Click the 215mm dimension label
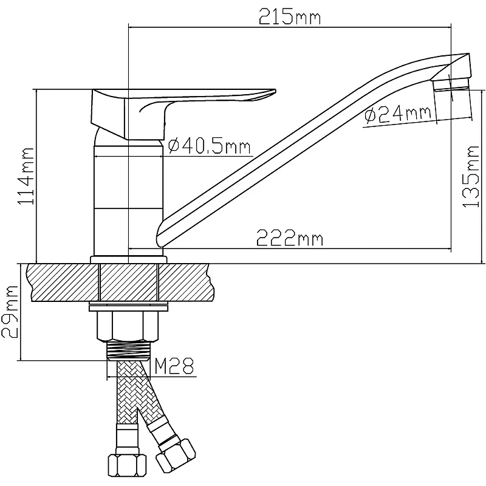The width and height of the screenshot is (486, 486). pyautogui.click(x=290, y=17)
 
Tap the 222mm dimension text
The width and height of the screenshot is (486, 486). pyautogui.click(x=290, y=239)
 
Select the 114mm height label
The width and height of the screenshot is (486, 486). pyautogui.click(x=26, y=176)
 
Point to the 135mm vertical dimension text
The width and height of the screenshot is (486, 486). pyautogui.click(x=471, y=177)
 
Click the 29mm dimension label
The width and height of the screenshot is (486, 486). pyautogui.click(x=10, y=312)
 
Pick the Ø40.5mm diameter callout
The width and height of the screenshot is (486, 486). pyautogui.click(x=209, y=146)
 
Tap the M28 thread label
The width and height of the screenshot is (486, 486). pyautogui.click(x=174, y=366)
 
